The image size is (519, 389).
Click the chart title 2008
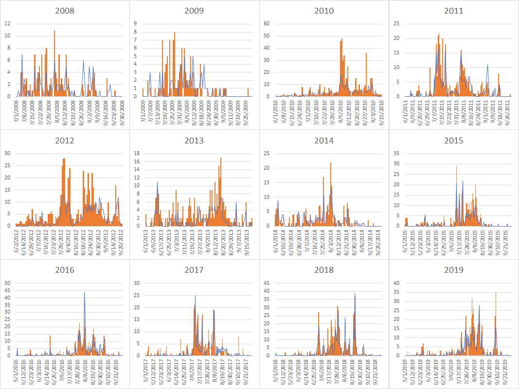pos(65,11)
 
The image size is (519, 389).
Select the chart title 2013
pos(194,141)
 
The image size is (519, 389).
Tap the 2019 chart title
pos(453,270)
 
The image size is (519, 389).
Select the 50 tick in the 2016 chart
pos(9,283)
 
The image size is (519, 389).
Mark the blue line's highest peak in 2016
pos(85,292)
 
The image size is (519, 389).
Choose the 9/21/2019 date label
pos(506,370)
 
